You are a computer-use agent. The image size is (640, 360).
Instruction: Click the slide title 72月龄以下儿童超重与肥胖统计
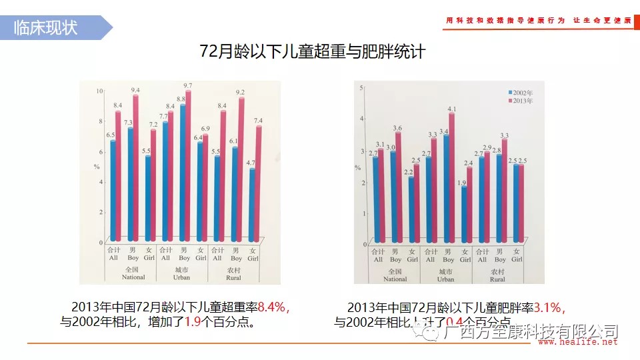click(312, 51)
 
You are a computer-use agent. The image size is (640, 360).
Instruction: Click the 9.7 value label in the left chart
click(187, 85)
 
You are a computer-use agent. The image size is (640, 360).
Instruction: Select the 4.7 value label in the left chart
click(251, 162)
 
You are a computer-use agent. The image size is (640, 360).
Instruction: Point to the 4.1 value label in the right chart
click(453, 109)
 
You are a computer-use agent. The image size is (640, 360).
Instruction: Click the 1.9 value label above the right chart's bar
click(462, 182)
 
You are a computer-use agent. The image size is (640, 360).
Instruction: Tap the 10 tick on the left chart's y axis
click(99, 91)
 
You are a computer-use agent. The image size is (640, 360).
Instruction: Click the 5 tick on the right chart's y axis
click(361, 88)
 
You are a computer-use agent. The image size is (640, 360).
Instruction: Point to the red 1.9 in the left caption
click(193, 322)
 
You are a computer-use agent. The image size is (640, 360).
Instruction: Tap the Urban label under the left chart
click(181, 278)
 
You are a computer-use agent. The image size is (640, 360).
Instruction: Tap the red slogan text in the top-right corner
click(539, 21)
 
